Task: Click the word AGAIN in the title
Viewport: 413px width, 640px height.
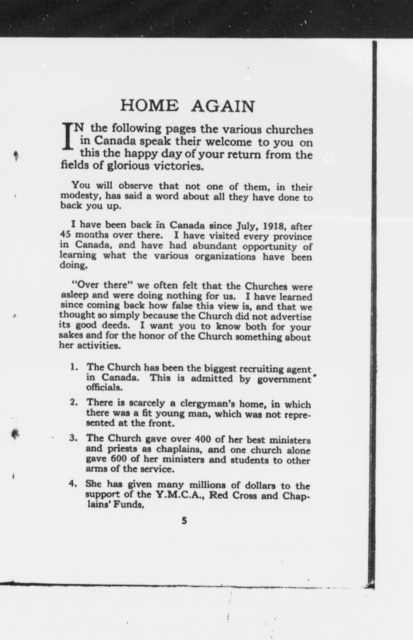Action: pos(223,106)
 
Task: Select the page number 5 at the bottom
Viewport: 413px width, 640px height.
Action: pos(184,521)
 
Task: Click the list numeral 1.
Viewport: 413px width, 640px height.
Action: pos(73,367)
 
